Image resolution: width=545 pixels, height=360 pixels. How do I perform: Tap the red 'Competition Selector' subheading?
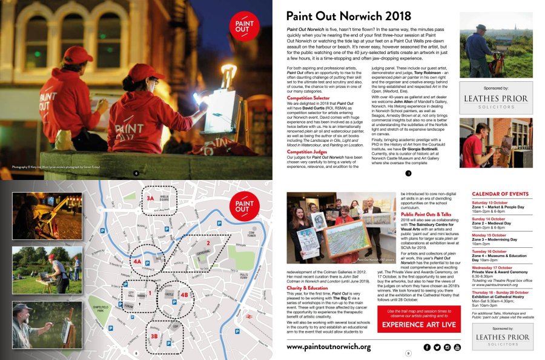[x=308, y=98]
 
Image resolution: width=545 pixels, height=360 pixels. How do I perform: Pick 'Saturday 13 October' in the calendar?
[x=490, y=202]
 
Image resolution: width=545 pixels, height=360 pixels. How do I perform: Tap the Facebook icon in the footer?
[x=427, y=347]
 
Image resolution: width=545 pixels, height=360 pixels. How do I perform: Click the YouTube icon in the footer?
[x=457, y=347]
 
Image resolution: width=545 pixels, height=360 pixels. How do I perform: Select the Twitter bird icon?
[x=437, y=347]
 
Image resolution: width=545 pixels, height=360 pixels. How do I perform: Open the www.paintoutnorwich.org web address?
[x=328, y=347]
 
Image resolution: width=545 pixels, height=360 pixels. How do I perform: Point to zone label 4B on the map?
[x=184, y=295]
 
